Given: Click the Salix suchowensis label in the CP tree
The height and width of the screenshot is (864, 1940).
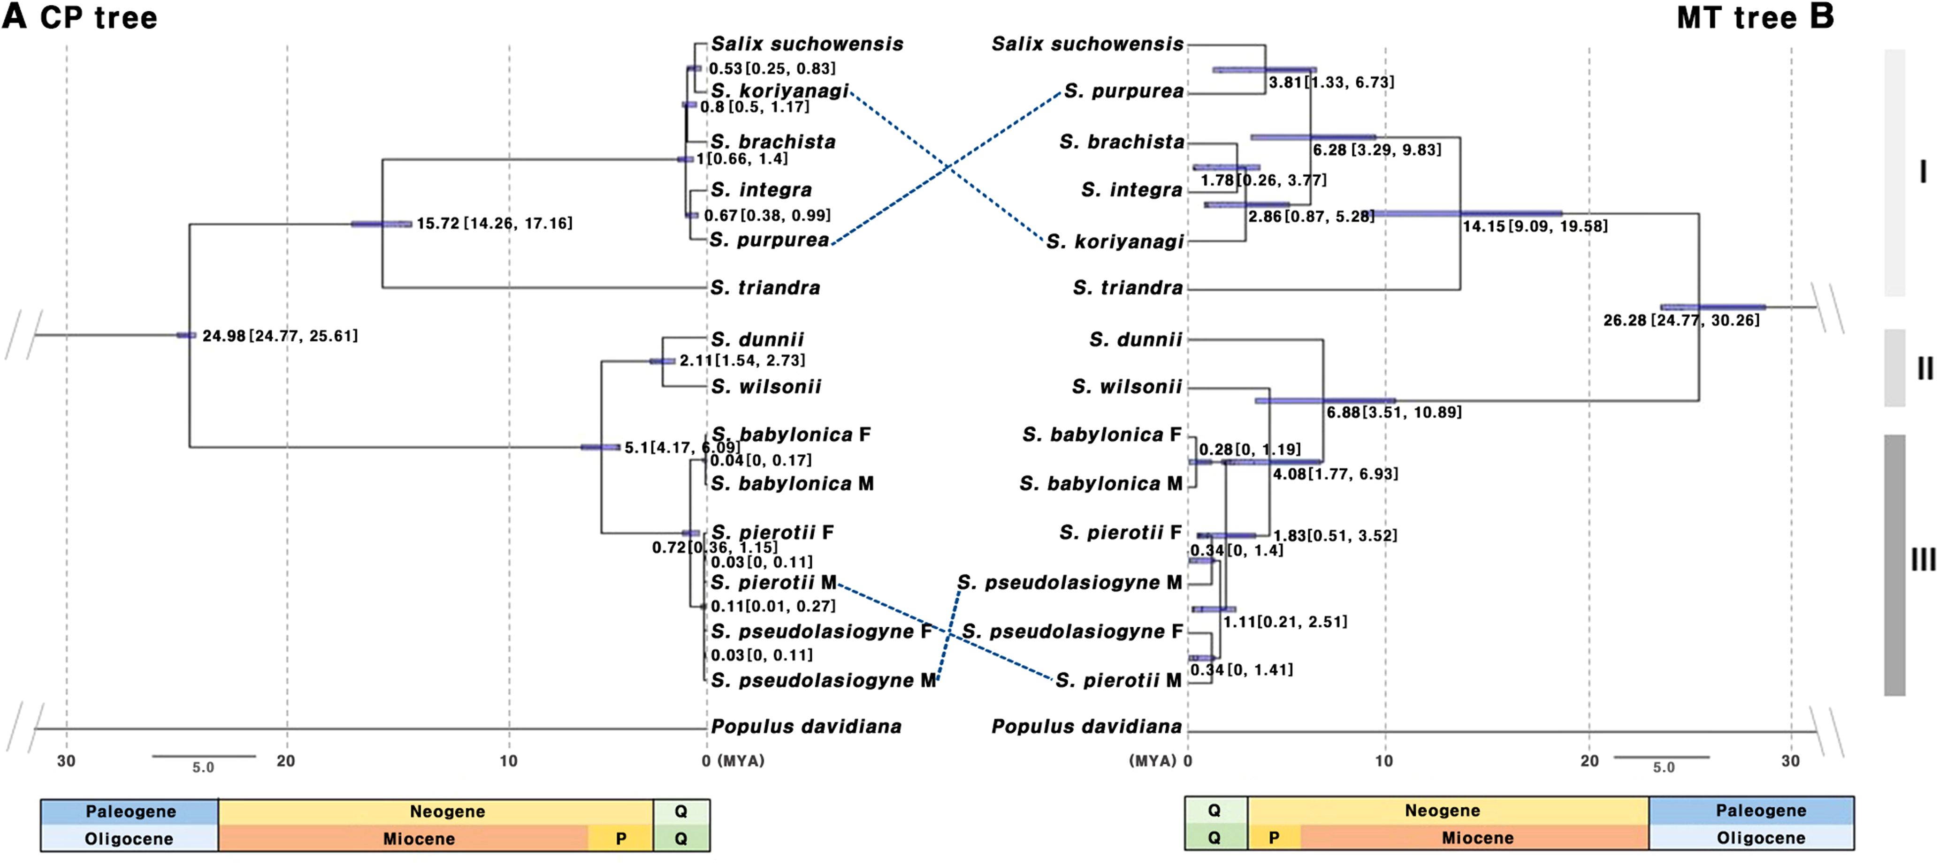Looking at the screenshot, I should click(x=807, y=45).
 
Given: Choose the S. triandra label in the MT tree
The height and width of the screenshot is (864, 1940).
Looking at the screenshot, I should click(x=1127, y=287).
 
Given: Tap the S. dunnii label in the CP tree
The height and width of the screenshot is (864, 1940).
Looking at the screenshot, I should click(x=757, y=339).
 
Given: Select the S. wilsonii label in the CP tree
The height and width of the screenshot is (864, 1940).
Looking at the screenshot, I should click(x=766, y=387).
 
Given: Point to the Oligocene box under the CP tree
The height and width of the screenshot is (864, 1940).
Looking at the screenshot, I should click(x=129, y=838).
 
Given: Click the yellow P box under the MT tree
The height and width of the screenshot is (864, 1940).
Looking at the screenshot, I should click(x=1274, y=838).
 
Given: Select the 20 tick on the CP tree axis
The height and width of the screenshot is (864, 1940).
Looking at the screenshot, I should click(x=286, y=761).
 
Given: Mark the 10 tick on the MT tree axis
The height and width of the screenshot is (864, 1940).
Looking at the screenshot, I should click(x=1384, y=761).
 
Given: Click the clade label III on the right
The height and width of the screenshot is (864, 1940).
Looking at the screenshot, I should click(x=1923, y=559).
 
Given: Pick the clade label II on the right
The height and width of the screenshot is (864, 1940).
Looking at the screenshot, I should click(x=1924, y=368).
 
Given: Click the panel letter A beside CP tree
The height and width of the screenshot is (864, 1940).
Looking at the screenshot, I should click(x=15, y=16).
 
